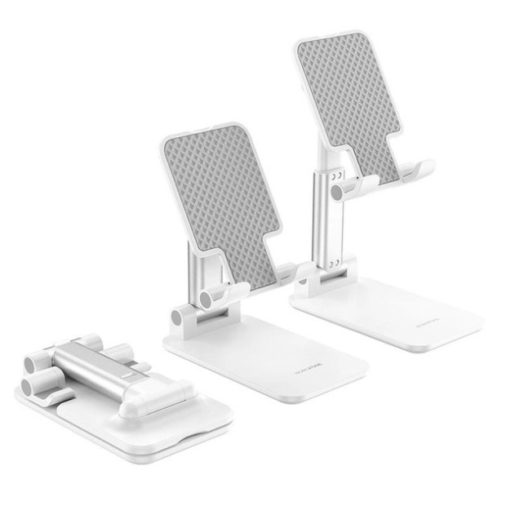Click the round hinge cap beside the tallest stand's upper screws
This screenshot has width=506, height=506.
pos(337,193)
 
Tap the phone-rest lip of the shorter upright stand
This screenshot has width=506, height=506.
pos(286,271)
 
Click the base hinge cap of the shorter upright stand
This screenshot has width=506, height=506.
pos(177,317)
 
